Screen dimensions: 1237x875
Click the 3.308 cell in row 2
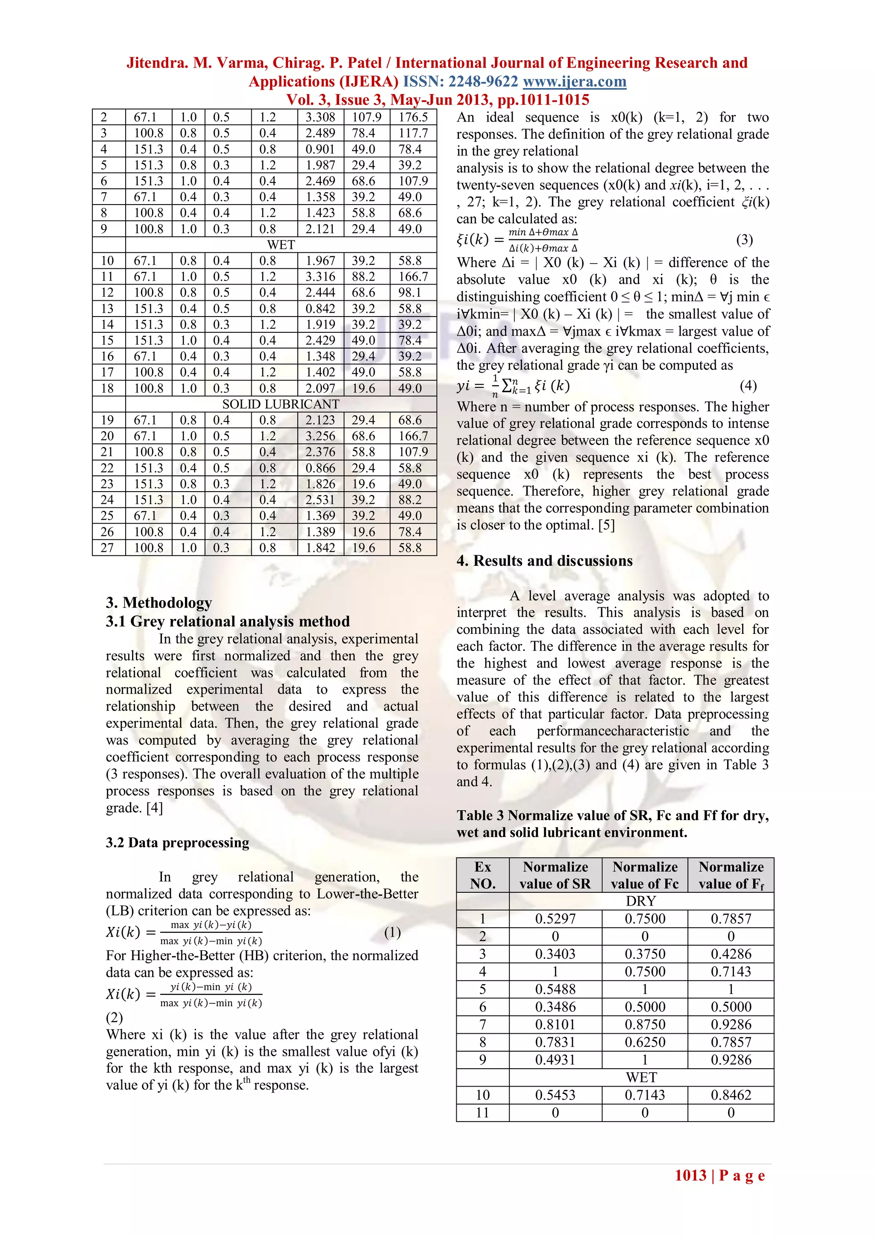320,117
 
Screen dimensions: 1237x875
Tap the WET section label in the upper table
281,245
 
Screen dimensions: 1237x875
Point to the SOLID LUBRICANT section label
281,404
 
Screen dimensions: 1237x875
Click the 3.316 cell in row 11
320,277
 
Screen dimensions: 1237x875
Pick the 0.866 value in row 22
320,468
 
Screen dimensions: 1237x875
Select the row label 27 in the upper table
107,548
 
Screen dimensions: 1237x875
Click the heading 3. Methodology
159,602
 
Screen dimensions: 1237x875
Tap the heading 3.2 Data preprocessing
177,843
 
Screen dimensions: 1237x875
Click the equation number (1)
392,932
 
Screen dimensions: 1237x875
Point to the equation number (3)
744,240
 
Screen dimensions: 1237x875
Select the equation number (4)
748,386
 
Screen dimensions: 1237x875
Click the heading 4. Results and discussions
544,561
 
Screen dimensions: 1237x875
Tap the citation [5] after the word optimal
606,525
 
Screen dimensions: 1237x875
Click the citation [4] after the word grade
154,808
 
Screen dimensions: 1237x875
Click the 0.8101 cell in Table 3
555,1024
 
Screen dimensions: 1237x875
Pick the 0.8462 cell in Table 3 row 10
731,1095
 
